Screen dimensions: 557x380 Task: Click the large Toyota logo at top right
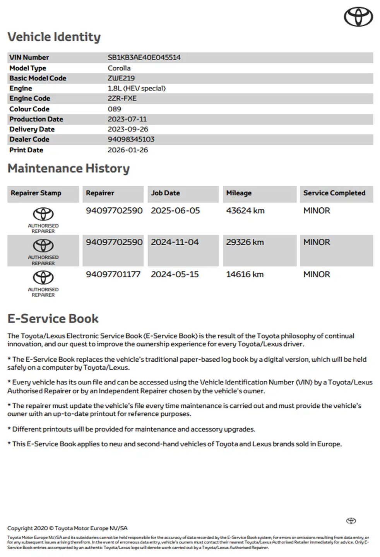358,17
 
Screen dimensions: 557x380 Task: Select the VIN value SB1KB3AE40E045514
144,58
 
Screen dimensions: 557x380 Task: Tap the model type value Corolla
119,68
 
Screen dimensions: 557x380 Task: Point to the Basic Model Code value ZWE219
121,78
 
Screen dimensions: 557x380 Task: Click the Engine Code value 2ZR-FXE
122,98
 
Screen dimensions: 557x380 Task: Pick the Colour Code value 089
114,109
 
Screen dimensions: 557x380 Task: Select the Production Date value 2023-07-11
127,119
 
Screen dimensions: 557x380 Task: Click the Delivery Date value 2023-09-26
128,129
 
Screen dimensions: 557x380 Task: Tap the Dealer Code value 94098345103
131,139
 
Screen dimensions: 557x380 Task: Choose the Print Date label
26,150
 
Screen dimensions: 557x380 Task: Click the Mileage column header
239,193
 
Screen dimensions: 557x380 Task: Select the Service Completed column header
334,193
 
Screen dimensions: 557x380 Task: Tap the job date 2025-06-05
175,211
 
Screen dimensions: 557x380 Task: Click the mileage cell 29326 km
245,243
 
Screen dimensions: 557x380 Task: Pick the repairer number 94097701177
113,275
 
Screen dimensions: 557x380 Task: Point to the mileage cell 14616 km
245,275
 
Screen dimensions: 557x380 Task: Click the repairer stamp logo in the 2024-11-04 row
43,246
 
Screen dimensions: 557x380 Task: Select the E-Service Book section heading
53,319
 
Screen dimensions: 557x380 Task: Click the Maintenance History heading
68,169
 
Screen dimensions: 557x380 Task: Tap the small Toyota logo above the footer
351,521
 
